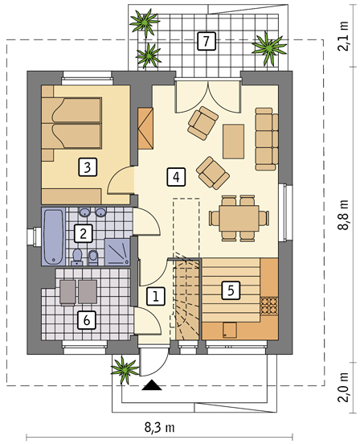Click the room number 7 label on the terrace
(207, 41)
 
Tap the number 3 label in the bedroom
(88, 167)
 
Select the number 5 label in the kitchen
(231, 290)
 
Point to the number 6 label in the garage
(87, 320)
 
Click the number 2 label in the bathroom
(83, 233)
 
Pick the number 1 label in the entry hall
(156, 297)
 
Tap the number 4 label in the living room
(176, 177)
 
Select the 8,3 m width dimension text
(159, 428)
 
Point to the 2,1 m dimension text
(345, 35)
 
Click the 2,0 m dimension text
(345, 387)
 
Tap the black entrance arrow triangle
(152, 385)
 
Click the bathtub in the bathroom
(54, 236)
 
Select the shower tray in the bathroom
(117, 252)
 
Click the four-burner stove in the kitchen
(269, 306)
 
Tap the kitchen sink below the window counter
(230, 331)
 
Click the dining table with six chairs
(239, 218)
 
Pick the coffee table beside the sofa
(233, 142)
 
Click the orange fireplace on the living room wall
(145, 128)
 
